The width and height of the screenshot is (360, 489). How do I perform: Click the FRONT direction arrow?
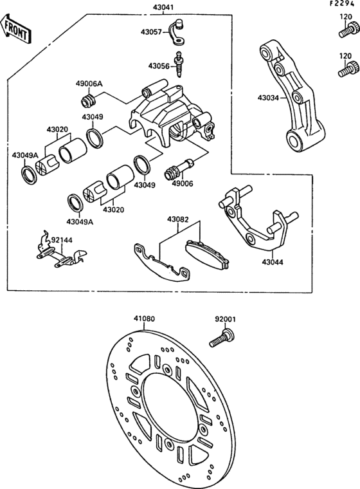click(x=15, y=28)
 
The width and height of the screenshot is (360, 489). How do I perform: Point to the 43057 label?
click(x=152, y=31)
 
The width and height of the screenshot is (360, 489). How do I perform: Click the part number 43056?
click(x=158, y=66)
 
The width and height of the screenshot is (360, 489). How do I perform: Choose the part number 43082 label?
click(x=178, y=219)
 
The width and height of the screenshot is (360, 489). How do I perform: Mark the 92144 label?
click(x=63, y=239)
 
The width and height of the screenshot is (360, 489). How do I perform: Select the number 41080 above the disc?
click(x=144, y=318)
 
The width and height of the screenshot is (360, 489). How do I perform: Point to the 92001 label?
click(x=224, y=318)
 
